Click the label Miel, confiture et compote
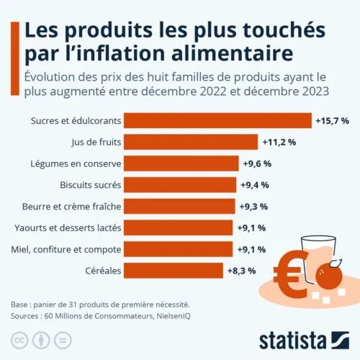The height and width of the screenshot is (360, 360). tap(68, 249)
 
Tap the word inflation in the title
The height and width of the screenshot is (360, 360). tap(117, 55)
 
